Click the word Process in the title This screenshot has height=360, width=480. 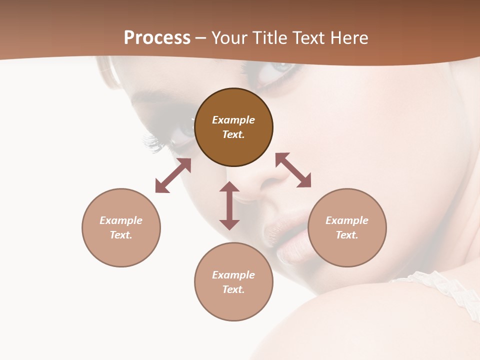(157, 38)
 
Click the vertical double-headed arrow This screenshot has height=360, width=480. (229, 205)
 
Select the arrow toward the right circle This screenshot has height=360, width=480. (293, 170)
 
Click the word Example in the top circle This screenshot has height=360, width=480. (233, 120)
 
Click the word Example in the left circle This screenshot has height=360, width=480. (121, 220)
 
